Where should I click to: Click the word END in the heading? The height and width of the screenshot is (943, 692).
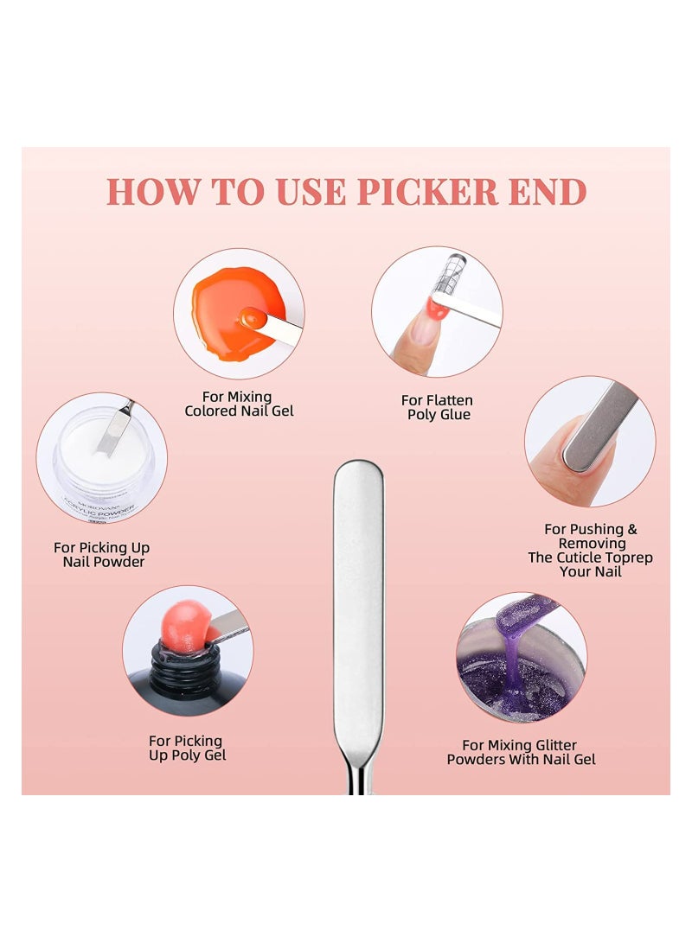[548, 192]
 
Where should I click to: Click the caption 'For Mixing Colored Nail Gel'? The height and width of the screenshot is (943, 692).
[239, 404]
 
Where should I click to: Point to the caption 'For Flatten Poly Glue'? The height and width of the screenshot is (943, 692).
[438, 407]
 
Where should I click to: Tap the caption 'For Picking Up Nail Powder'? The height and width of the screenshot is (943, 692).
[101, 554]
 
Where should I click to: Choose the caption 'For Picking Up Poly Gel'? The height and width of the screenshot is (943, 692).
[187, 748]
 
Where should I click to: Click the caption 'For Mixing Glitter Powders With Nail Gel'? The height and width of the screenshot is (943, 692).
[521, 752]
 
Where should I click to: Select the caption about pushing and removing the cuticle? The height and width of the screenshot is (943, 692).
[590, 550]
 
